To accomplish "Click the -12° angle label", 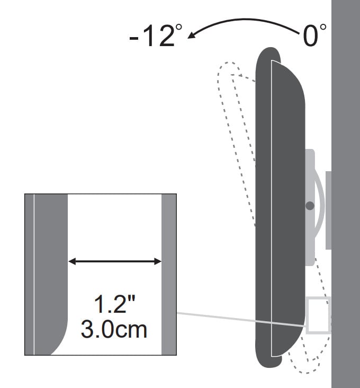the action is coord(156,36).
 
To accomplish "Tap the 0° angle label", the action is coord(314,36).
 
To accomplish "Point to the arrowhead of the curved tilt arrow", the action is coord(192,35).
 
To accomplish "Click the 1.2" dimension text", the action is coord(115,304).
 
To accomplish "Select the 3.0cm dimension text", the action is coord(114,329).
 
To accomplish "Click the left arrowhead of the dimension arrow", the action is coord(72,261).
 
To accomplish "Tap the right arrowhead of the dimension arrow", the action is coord(158,261).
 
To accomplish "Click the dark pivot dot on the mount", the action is coord(310,206).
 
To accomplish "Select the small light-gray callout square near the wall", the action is coord(318,315).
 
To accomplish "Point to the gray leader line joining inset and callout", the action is coord(241,320).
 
